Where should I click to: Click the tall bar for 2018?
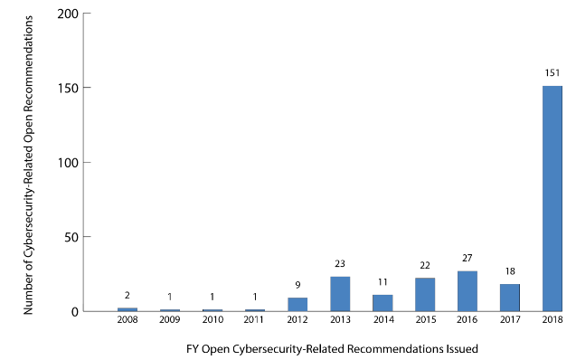552,199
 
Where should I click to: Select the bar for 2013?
340,294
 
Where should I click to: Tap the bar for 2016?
467,291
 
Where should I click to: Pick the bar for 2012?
297,305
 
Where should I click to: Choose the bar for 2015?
425,295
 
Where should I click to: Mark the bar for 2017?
509,298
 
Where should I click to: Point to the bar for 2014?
382,303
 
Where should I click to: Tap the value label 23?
340,265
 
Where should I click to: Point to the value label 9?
297,286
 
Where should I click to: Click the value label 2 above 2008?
127,296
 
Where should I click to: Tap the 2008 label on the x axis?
127,320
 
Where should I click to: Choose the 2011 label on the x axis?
255,320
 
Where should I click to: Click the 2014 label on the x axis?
382,320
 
